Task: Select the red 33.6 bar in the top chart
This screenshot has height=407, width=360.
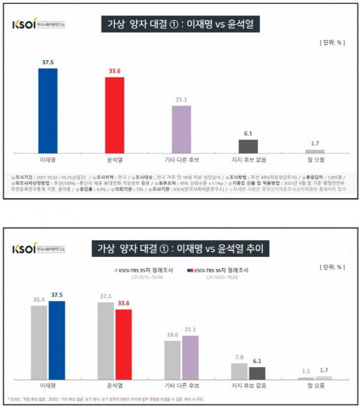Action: (x=114, y=115)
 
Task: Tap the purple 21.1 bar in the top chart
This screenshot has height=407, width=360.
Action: (x=181, y=129)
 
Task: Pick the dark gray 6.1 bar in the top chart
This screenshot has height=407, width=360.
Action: (x=248, y=147)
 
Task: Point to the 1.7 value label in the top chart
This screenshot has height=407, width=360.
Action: (x=315, y=143)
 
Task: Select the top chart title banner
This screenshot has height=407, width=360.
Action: (x=180, y=25)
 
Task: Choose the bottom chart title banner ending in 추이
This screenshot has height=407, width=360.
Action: (x=180, y=248)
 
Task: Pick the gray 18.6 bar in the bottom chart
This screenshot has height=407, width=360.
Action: (x=172, y=360)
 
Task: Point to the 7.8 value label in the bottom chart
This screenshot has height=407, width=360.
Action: (x=239, y=356)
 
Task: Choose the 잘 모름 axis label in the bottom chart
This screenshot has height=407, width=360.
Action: (x=315, y=386)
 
